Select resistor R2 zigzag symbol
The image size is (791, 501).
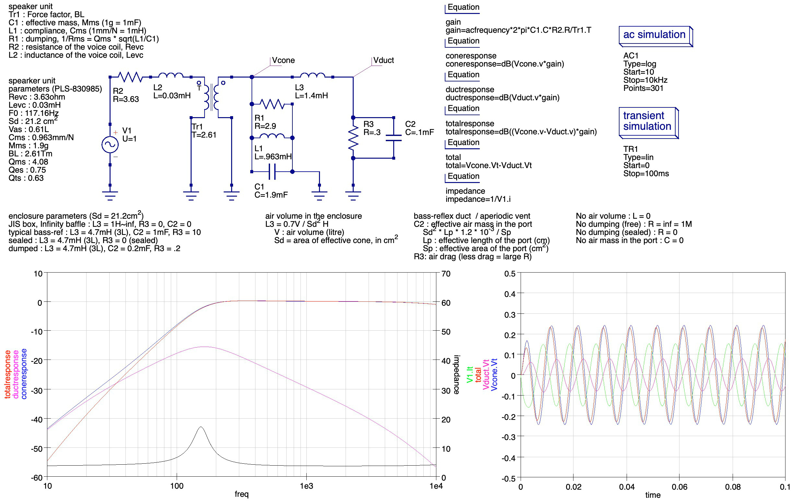click(x=130, y=77)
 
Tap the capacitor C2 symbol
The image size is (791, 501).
click(x=394, y=138)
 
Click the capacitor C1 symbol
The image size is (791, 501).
click(x=272, y=172)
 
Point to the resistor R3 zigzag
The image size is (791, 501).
click(x=353, y=138)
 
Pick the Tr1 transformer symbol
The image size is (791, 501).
click(x=211, y=97)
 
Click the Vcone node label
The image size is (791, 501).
click(x=283, y=60)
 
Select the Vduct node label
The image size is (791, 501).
click(x=384, y=60)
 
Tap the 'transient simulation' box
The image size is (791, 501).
click(x=648, y=123)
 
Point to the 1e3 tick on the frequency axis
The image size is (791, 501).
click(x=306, y=485)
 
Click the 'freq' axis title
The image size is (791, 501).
click(x=242, y=494)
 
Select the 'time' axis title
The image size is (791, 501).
click(x=653, y=495)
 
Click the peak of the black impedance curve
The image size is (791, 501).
click(x=201, y=427)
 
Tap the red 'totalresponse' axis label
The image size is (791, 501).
click(x=7, y=374)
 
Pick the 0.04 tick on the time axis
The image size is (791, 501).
click(x=626, y=486)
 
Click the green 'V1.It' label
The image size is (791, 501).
click(x=470, y=374)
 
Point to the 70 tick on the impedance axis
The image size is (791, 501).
click(x=446, y=274)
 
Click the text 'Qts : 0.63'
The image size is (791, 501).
click(x=26, y=178)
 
